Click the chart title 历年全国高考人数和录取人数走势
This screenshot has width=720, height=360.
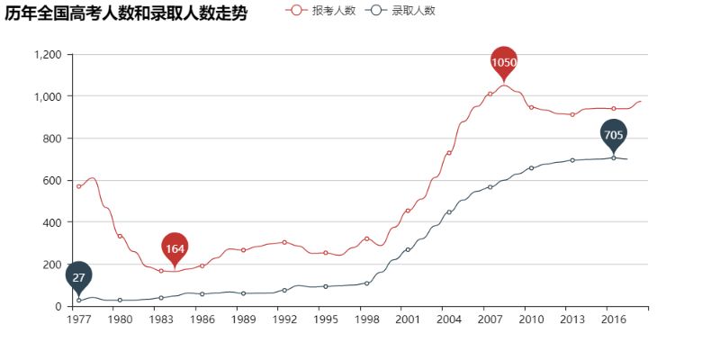click(x=126, y=13)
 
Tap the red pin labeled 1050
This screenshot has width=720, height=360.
click(x=504, y=62)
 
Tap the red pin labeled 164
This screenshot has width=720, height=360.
click(x=175, y=247)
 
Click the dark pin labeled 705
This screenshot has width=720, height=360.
click(x=613, y=135)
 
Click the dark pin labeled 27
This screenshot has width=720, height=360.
click(x=78, y=277)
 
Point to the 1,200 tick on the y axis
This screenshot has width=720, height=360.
click(x=46, y=55)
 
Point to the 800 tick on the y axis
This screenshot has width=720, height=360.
click(x=51, y=139)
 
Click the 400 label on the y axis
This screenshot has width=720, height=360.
click(x=51, y=222)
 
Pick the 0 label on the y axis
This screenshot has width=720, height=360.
click(x=58, y=306)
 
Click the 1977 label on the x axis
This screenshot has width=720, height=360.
click(x=78, y=319)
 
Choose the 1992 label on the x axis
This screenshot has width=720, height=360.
click(x=284, y=319)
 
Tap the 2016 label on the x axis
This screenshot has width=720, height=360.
click(x=614, y=319)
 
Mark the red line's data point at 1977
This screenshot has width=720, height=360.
click(x=78, y=186)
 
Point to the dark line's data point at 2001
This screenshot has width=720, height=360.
click(x=408, y=249)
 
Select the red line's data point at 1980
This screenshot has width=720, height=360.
click(x=120, y=236)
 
